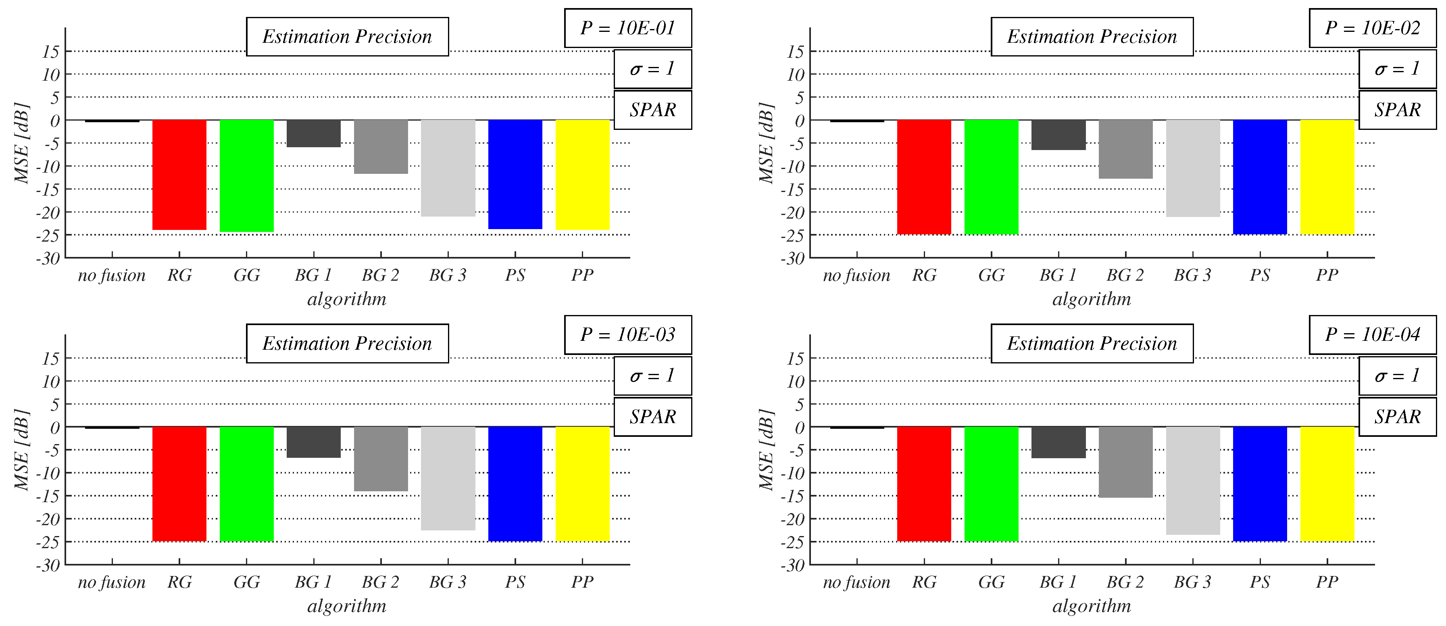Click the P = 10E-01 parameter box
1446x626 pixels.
627,28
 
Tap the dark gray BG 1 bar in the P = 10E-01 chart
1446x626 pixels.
313,134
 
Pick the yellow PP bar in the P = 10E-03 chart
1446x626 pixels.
582,484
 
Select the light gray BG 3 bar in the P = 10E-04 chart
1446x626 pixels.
1192,480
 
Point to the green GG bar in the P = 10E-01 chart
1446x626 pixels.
246,176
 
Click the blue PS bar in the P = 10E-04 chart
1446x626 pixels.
1260,484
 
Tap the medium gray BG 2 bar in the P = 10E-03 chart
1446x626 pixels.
381,459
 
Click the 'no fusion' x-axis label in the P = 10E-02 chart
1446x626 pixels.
856,275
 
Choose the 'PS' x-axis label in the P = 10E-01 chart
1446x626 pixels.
515,275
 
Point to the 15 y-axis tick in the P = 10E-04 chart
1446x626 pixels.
795,358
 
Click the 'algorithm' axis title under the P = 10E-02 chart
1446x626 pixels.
1091,299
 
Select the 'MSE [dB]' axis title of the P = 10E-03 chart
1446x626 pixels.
21,450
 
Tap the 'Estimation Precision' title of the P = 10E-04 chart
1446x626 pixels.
1091,343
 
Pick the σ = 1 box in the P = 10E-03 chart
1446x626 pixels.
652,376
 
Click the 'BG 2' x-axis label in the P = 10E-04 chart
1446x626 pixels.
1125,582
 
